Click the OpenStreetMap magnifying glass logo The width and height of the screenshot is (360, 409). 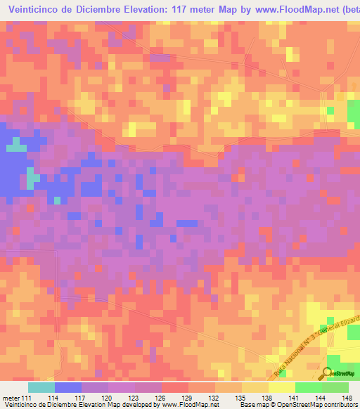pyautogui.click(x=327, y=372)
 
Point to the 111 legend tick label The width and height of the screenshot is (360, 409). pyautogui.click(x=27, y=398)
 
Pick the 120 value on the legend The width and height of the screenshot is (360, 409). pyautogui.click(x=108, y=398)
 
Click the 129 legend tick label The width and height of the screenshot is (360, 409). pyautogui.click(x=188, y=398)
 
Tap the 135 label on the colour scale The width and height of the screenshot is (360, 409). pyautogui.click(x=241, y=398)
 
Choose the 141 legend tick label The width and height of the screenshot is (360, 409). pyautogui.click(x=295, y=398)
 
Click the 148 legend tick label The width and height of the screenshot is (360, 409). pyautogui.click(x=347, y=398)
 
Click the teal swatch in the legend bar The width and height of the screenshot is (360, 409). pyautogui.click(x=41, y=387)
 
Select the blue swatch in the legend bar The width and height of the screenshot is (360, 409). pyautogui.click(x=67, y=387)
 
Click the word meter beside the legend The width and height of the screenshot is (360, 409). pyautogui.click(x=11, y=398)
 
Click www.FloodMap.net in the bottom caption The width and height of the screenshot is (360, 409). pyautogui.click(x=188, y=405)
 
